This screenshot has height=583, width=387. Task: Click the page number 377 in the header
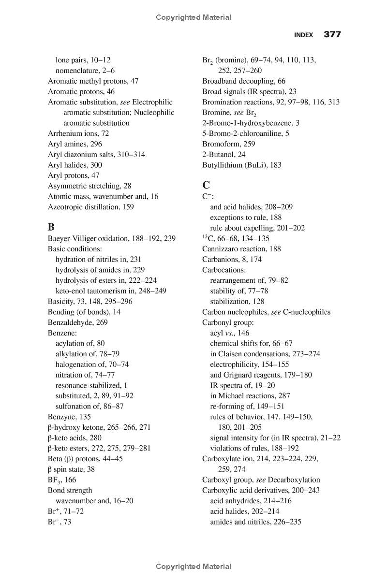(332, 34)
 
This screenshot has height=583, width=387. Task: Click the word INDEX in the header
(304, 35)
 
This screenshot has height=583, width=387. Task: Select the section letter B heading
(51, 227)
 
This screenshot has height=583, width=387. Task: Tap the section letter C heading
(206, 185)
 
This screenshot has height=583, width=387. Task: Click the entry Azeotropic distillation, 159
(91, 207)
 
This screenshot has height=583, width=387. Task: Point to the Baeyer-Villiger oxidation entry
(111, 238)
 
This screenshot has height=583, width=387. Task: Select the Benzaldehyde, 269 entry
(77, 322)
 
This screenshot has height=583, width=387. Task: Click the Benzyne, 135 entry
(69, 417)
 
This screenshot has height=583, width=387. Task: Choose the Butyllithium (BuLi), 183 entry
(241, 165)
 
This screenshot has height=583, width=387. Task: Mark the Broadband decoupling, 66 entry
(244, 81)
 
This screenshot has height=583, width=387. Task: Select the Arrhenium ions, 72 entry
(78, 133)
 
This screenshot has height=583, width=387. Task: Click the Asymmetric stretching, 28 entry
(89, 186)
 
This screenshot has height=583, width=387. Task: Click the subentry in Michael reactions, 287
(250, 396)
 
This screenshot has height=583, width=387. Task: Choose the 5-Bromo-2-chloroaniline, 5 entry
(245, 133)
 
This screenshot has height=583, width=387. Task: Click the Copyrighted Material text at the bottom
(193, 567)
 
